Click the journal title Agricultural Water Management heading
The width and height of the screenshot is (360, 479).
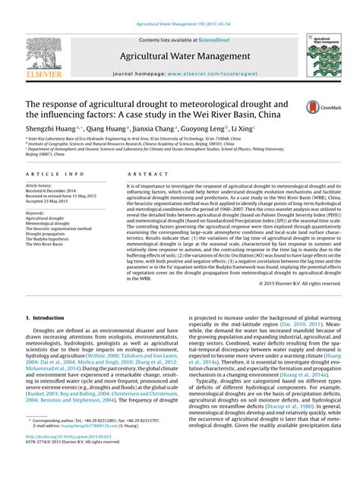(x=180, y=57)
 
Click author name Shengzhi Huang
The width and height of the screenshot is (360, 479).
(x=51, y=130)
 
